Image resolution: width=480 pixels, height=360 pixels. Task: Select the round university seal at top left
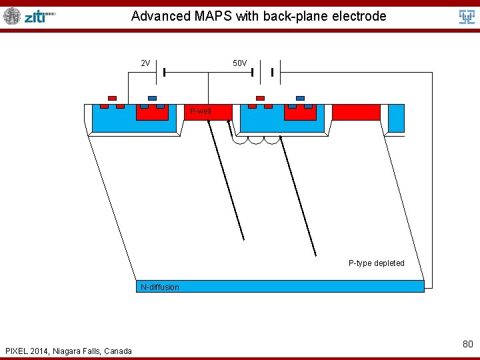(x=12, y=16)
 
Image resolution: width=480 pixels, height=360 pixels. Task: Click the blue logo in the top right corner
(x=467, y=17)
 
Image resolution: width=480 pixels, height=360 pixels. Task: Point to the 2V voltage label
(x=145, y=63)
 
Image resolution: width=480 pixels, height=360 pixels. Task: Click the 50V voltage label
(x=239, y=63)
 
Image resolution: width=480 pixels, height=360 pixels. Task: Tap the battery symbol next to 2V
(x=160, y=72)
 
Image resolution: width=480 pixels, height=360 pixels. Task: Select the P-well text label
(x=200, y=111)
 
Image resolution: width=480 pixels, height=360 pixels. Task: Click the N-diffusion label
(x=160, y=287)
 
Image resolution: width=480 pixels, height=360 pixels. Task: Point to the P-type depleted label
(x=376, y=263)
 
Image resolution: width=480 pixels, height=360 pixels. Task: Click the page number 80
(x=467, y=344)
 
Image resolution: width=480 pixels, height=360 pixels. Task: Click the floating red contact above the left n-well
(x=112, y=97)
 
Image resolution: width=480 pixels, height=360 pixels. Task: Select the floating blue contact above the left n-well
(x=152, y=97)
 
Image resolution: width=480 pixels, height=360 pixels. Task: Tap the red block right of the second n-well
(x=356, y=112)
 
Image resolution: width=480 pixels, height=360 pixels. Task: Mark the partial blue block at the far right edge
(x=396, y=119)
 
